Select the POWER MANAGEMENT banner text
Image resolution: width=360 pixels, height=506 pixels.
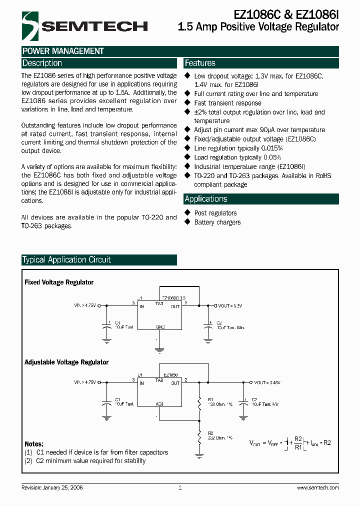(x=63, y=51)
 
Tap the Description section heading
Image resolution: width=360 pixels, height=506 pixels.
(x=42, y=63)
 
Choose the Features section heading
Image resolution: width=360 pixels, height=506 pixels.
(x=200, y=63)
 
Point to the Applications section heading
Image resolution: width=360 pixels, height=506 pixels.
(x=206, y=199)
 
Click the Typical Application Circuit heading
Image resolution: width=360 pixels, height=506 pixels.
(x=66, y=260)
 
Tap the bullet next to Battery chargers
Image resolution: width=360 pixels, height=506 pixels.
(x=188, y=222)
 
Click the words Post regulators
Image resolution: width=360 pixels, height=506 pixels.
(x=215, y=213)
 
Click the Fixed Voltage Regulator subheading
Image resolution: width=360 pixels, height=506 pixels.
(x=59, y=282)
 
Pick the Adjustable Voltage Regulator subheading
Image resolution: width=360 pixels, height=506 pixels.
(x=66, y=362)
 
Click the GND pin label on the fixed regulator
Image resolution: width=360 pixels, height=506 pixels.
(x=160, y=326)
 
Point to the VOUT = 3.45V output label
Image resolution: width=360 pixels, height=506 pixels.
(x=267, y=382)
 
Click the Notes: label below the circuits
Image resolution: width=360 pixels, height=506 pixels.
(x=34, y=444)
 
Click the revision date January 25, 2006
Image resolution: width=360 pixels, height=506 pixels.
(x=62, y=487)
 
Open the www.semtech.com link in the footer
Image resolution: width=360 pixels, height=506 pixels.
(x=317, y=487)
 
